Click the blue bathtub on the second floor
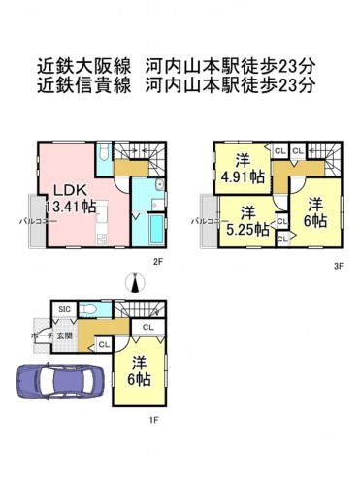point(156,230)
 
